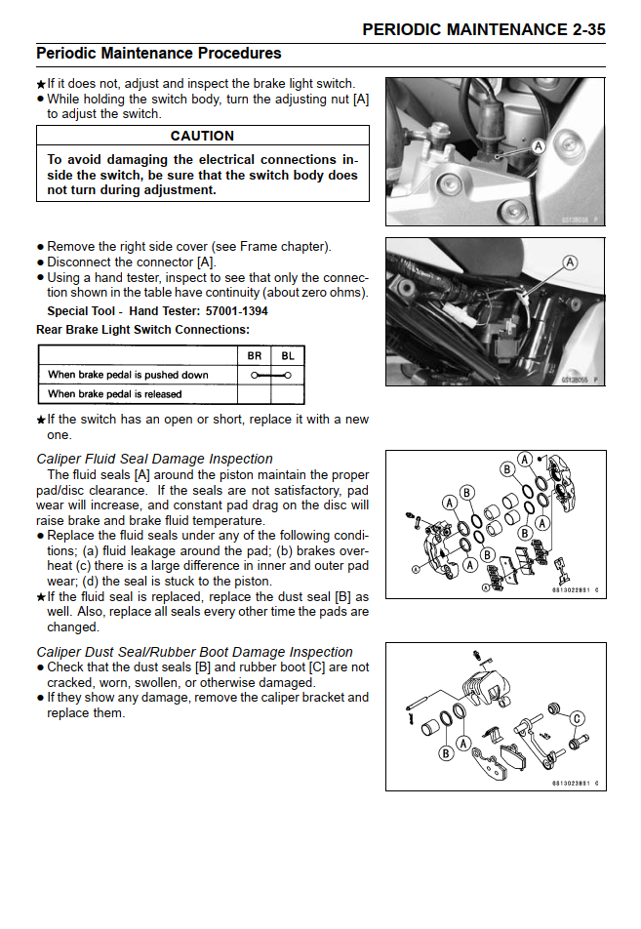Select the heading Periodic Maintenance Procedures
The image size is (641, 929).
pos(158,54)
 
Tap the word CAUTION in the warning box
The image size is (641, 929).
pos(202,136)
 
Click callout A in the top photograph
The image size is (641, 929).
pos(538,144)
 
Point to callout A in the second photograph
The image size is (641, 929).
pos(570,263)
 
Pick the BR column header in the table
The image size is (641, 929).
pos(254,356)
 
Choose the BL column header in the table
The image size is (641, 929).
pos(287,356)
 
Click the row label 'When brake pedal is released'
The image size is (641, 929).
pos(114,394)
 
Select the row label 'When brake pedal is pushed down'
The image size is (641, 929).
pos(128,375)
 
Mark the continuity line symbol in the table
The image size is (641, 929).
pos(270,375)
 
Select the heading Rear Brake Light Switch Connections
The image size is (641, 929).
pos(142,330)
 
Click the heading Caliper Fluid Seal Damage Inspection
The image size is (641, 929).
pos(154,459)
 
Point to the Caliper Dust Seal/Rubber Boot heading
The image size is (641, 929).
pos(194,652)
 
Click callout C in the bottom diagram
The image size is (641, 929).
pos(577,719)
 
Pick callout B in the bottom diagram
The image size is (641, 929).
pos(446,752)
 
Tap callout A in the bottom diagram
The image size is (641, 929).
pos(464,744)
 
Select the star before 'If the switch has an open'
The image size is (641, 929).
pos(41,421)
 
